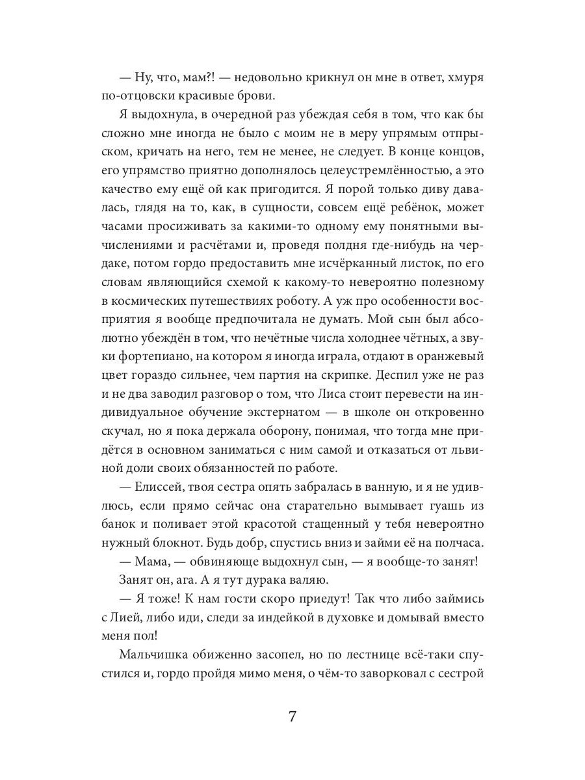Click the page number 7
[x=292, y=718]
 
